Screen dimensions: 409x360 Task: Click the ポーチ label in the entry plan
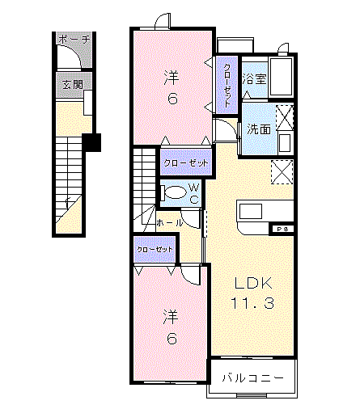tap(73, 38)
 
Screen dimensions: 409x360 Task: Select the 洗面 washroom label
tap(259, 128)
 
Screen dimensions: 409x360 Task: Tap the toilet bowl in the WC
tap(174, 192)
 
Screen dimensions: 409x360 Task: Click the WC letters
tap(195, 194)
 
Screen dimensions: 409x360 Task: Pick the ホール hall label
tap(169, 221)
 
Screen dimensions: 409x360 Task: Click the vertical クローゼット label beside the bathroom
tap(228, 86)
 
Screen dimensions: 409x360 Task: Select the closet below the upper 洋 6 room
tap(186, 163)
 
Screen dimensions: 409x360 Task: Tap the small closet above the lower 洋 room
tap(155, 250)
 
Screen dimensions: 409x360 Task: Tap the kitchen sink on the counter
tap(250, 211)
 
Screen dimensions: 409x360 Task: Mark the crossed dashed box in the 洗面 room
tap(284, 114)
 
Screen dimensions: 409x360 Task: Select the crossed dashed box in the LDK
tap(282, 171)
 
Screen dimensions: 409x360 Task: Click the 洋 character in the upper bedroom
tap(172, 78)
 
